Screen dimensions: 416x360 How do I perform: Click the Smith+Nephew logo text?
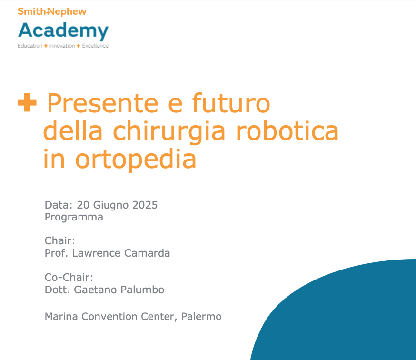coord(52,11)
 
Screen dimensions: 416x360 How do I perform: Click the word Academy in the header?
coord(63,31)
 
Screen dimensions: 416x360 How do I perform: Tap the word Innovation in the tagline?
coord(62,46)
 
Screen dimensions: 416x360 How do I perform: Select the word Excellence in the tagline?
coord(95,46)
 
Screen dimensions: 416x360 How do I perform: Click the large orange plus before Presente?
coord(27,102)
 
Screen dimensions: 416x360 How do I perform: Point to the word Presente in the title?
coord(103,103)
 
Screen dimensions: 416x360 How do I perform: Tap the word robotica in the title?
coord(287,130)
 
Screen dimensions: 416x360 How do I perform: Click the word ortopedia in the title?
coord(136,160)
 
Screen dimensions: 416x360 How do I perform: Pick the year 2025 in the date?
coord(145,205)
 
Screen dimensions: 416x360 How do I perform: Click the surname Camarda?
coord(147,253)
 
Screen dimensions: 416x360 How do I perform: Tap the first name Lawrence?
coord(97,253)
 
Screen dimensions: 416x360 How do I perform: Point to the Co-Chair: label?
coord(69,277)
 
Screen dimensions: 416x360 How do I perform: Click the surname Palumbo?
coord(142,290)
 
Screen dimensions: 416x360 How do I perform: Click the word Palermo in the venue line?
coord(201,317)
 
